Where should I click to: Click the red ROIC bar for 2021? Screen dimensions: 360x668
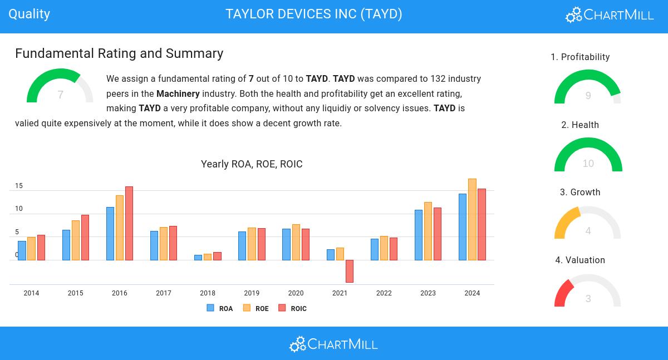coord(350,271)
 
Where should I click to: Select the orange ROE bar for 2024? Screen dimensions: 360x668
coord(472,219)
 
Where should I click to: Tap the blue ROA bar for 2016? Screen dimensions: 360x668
coord(110,233)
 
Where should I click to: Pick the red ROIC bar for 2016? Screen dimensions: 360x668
coord(129,223)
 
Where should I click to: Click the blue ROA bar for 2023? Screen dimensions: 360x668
coord(419,235)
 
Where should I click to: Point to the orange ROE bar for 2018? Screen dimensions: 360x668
coord(208,257)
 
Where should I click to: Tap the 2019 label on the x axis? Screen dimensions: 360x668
coord(252,293)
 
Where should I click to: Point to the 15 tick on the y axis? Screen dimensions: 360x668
coord(19,186)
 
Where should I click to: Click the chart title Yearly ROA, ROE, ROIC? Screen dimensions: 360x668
coord(252,164)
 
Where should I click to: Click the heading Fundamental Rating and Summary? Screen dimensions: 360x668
coord(119,53)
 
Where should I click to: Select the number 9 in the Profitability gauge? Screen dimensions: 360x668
coord(588,96)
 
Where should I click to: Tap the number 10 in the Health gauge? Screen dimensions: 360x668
coord(588,164)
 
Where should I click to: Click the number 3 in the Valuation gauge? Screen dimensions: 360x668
coord(588,299)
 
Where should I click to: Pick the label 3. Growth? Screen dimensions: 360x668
coord(580,193)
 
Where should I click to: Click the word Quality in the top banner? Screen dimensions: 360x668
coord(30,14)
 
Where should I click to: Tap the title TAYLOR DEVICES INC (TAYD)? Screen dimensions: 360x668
coord(314,14)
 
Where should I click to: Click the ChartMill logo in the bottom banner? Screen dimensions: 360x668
coord(333,344)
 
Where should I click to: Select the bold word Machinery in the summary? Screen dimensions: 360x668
coord(178,93)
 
